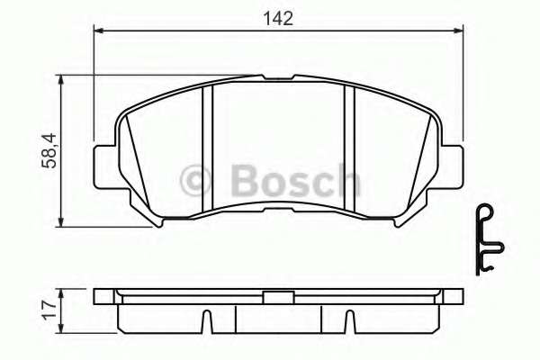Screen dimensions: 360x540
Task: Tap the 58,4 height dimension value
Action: pos(51,149)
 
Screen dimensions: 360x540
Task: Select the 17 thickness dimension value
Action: pos(50,310)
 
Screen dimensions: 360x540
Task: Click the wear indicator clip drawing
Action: pos(486,238)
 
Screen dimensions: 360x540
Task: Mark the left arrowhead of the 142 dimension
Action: pos(100,31)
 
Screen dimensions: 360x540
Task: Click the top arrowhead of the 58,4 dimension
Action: pos(61,80)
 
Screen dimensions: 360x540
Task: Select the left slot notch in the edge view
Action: pos(206,320)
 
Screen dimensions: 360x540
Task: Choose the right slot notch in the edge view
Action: pos(350,320)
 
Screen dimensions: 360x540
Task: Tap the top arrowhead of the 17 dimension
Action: pos(61,292)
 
